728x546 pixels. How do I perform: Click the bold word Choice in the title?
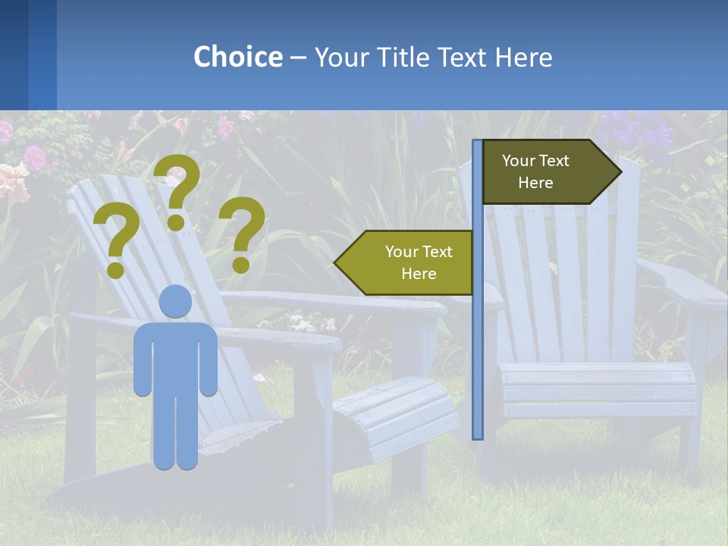coord(237,57)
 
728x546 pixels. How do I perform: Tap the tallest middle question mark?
coord(178,190)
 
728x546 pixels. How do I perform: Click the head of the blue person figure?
coord(175,301)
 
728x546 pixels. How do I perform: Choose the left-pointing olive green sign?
coord(409,262)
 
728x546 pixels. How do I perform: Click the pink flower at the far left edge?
coord(34,158)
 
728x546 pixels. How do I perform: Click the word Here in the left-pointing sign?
coord(419,274)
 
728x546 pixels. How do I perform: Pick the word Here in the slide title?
coord(523,57)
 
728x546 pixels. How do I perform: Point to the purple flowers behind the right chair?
coord(645,133)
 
